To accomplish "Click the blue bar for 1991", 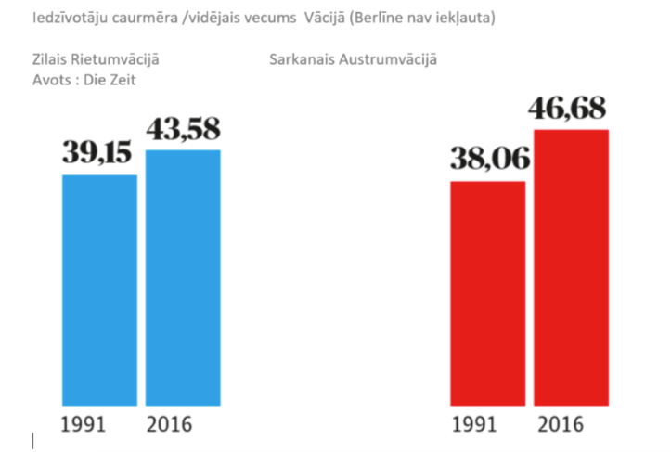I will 99,290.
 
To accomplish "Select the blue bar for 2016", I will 183,278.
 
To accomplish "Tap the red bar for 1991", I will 487,293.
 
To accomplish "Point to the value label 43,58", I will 183,129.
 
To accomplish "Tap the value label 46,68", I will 567,109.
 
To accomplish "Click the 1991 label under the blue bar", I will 84,425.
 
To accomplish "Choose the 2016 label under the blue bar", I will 169,425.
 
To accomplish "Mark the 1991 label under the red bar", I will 476,425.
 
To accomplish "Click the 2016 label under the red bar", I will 560,425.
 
